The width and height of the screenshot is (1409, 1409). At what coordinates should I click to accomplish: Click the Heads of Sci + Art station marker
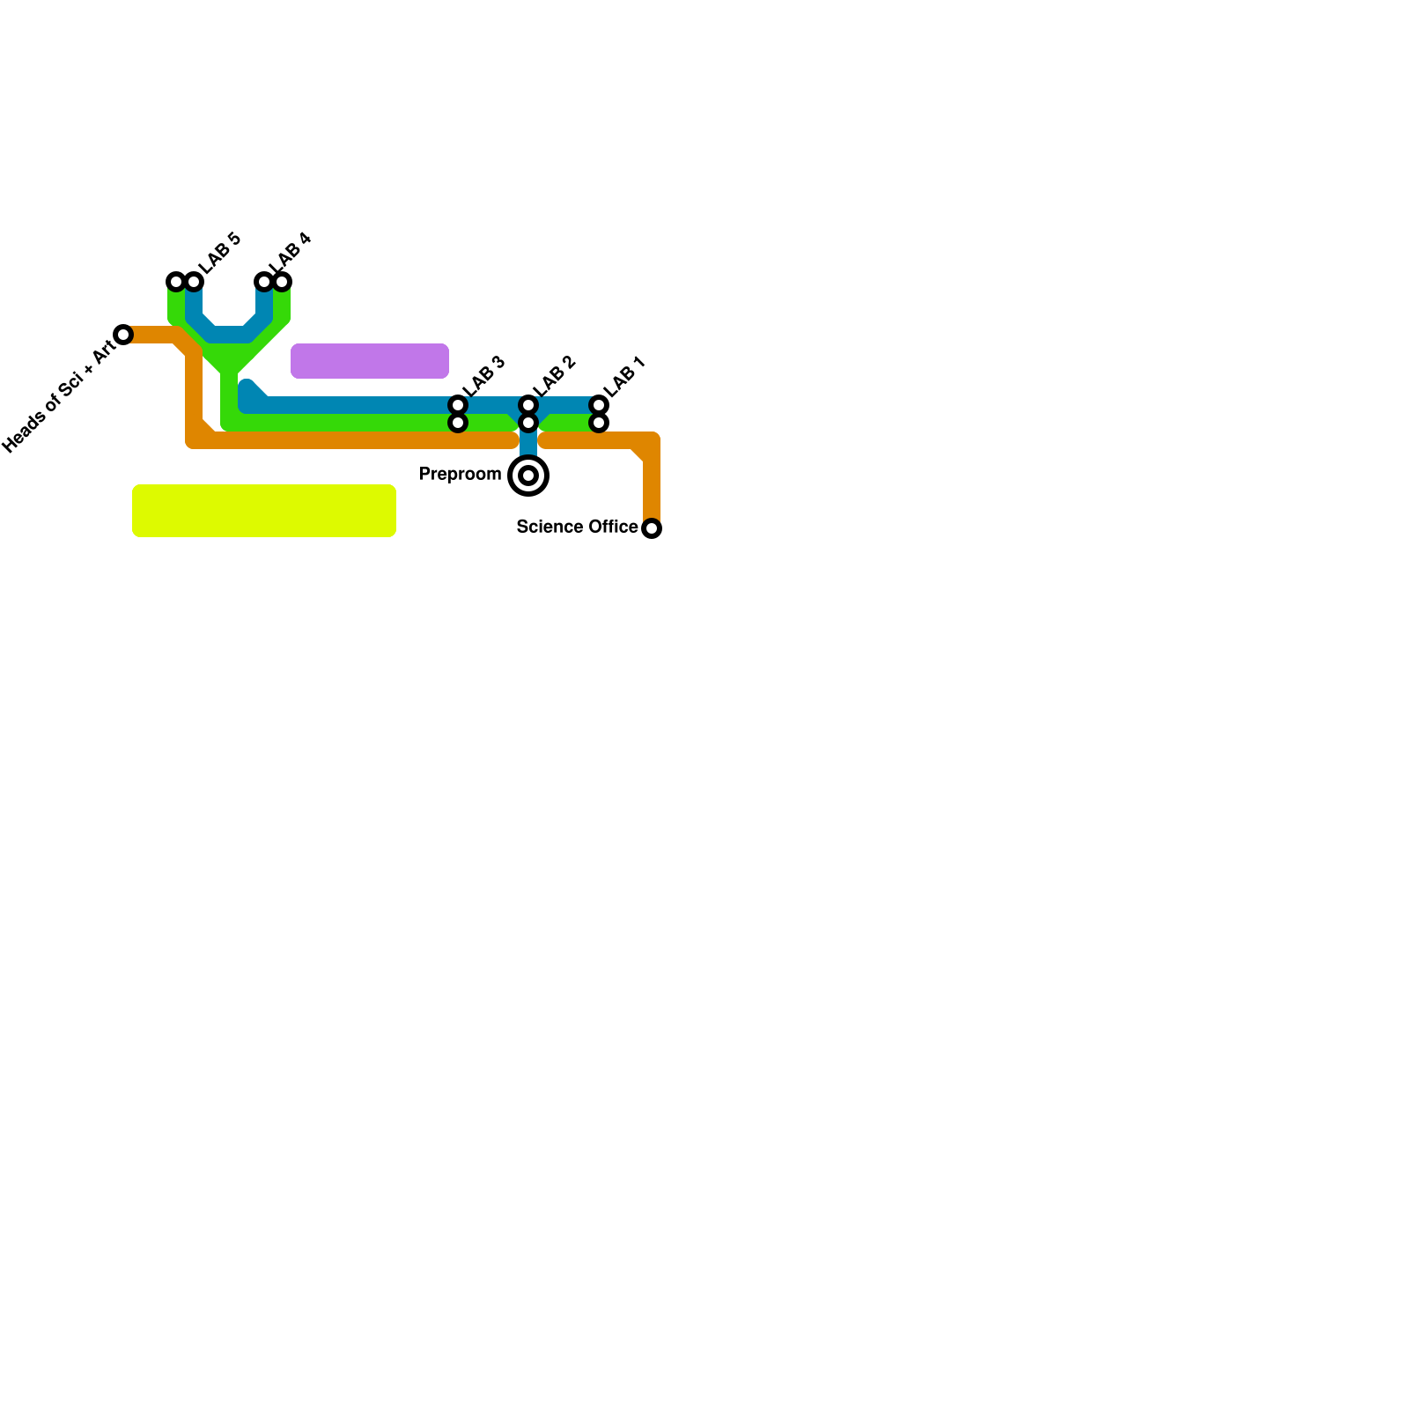(x=123, y=335)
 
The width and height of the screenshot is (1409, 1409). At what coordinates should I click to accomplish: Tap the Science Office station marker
(x=652, y=528)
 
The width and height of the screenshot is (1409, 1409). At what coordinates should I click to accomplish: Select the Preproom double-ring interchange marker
(x=528, y=476)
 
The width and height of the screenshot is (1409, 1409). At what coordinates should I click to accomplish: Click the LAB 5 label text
(x=219, y=254)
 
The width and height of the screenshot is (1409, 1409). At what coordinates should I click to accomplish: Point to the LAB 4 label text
(x=291, y=253)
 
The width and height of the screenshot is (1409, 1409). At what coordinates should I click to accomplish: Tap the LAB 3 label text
(x=483, y=377)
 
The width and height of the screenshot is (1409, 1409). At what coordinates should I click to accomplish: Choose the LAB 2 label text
(x=554, y=377)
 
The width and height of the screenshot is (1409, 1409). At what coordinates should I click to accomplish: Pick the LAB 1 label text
(x=625, y=377)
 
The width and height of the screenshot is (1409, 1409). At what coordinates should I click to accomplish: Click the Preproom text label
(x=460, y=475)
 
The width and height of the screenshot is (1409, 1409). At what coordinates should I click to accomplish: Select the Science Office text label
(x=577, y=527)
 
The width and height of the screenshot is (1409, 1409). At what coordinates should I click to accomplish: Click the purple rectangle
(x=370, y=361)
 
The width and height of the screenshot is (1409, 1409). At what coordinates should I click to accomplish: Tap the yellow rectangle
(x=264, y=511)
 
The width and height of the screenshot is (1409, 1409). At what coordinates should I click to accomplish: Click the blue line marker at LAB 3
(x=458, y=405)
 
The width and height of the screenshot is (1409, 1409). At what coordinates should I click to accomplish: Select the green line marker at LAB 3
(x=458, y=423)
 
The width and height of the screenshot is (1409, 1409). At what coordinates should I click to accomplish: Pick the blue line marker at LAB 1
(x=599, y=405)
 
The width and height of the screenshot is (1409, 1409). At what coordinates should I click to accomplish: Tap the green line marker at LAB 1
(x=599, y=423)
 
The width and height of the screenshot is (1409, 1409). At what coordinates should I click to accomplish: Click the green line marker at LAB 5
(x=176, y=282)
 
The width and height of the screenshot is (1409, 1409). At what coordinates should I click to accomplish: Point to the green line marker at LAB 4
(x=282, y=282)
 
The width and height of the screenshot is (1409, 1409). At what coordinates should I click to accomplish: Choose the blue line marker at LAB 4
(x=263, y=282)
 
